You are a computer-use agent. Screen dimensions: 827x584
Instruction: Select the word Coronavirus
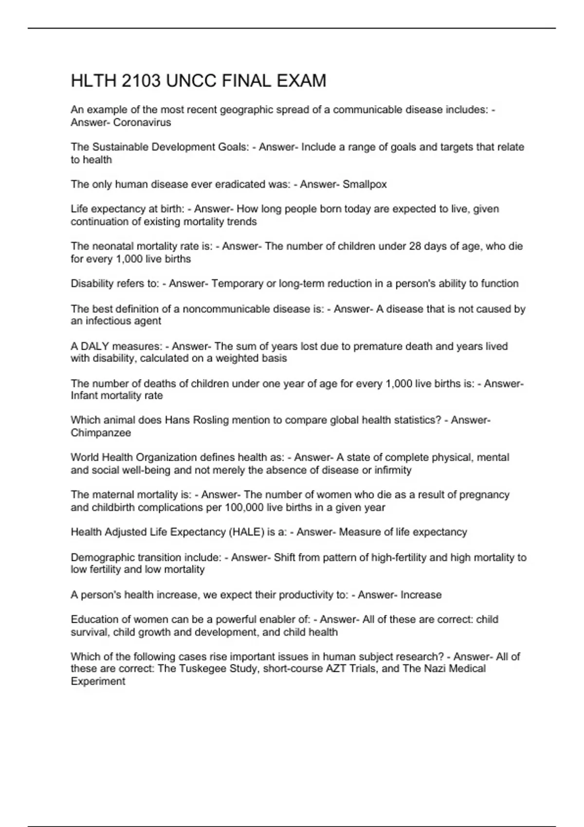(142, 123)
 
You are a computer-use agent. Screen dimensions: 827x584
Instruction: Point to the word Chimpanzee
(101, 432)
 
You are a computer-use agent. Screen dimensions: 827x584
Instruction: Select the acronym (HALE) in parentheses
(246, 532)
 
